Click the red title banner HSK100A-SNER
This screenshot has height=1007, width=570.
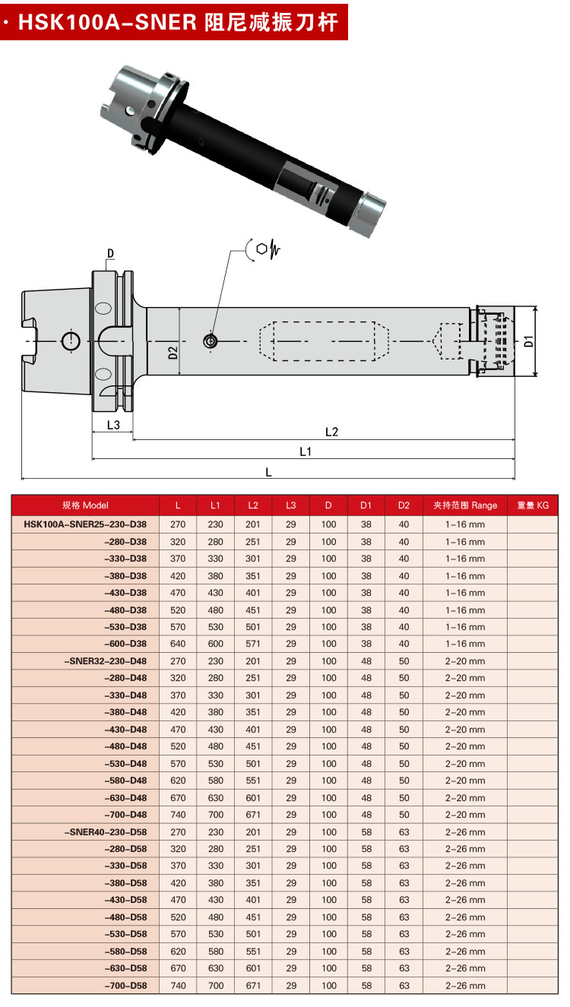tap(174, 21)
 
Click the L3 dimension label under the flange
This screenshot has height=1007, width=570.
tap(112, 425)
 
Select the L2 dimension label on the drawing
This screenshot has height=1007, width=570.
tap(331, 432)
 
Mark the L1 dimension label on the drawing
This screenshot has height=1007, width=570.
tap(306, 451)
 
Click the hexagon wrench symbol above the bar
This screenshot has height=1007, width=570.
tap(262, 249)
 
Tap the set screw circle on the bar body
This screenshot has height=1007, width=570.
tap(210, 342)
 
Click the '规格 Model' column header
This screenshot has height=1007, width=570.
tap(85, 505)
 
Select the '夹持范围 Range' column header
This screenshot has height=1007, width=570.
tap(465, 505)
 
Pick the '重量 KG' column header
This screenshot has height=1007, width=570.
tap(532, 505)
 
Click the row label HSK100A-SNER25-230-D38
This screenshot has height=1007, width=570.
tap(85, 524)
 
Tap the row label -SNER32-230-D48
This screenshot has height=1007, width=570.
tap(106, 661)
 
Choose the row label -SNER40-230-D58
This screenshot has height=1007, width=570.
tap(106, 831)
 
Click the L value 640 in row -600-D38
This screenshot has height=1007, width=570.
tap(178, 644)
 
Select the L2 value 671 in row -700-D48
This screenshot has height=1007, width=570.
tap(253, 815)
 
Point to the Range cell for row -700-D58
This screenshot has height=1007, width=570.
tap(465, 986)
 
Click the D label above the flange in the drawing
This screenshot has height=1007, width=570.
tap(110, 253)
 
